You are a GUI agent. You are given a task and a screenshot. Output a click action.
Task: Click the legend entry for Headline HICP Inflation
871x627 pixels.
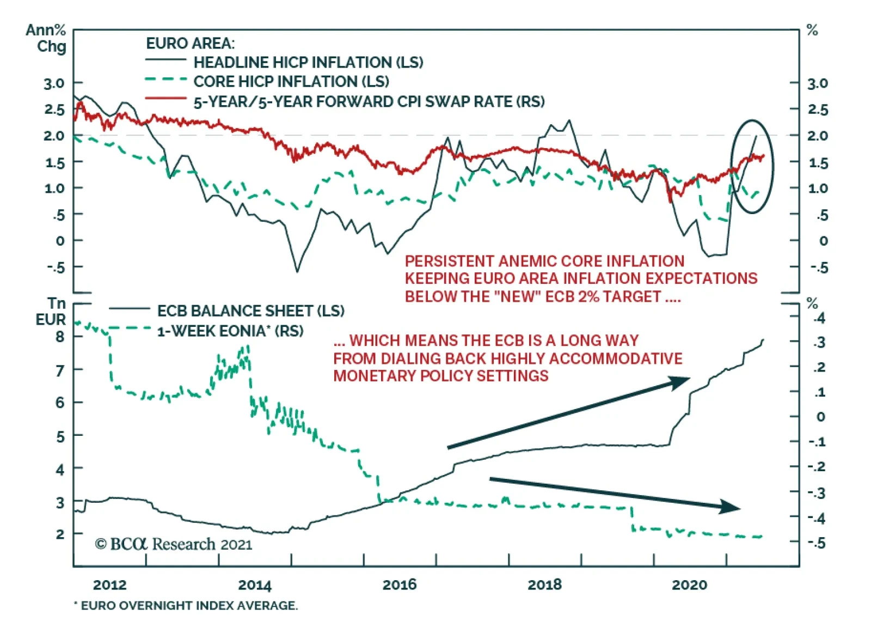tap(308, 62)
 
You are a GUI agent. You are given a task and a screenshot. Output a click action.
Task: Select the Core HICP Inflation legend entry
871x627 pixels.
tap(291, 82)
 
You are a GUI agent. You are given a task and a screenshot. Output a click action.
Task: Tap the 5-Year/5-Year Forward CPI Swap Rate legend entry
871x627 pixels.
tap(369, 102)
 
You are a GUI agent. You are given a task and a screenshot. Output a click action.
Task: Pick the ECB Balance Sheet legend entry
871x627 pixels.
tap(250, 311)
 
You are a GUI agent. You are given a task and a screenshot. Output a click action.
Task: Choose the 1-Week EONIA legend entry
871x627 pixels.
tap(230, 331)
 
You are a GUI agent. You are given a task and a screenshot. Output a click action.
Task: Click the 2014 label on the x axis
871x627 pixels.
tap(255, 585)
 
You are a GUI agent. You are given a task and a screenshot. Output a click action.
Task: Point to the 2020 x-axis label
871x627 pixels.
tap(689, 585)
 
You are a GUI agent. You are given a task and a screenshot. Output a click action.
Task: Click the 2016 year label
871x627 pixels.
tap(400, 585)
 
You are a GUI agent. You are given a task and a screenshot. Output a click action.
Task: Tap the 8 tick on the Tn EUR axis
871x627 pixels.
tap(60, 337)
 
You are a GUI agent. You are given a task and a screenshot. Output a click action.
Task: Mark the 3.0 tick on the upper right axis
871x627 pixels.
tap(817, 84)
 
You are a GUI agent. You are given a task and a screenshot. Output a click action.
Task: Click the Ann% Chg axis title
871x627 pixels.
tap(47, 38)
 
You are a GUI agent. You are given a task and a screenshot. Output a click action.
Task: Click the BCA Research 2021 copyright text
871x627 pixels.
tap(174, 544)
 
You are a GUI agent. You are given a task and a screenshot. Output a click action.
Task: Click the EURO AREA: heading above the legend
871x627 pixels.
tap(190, 44)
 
